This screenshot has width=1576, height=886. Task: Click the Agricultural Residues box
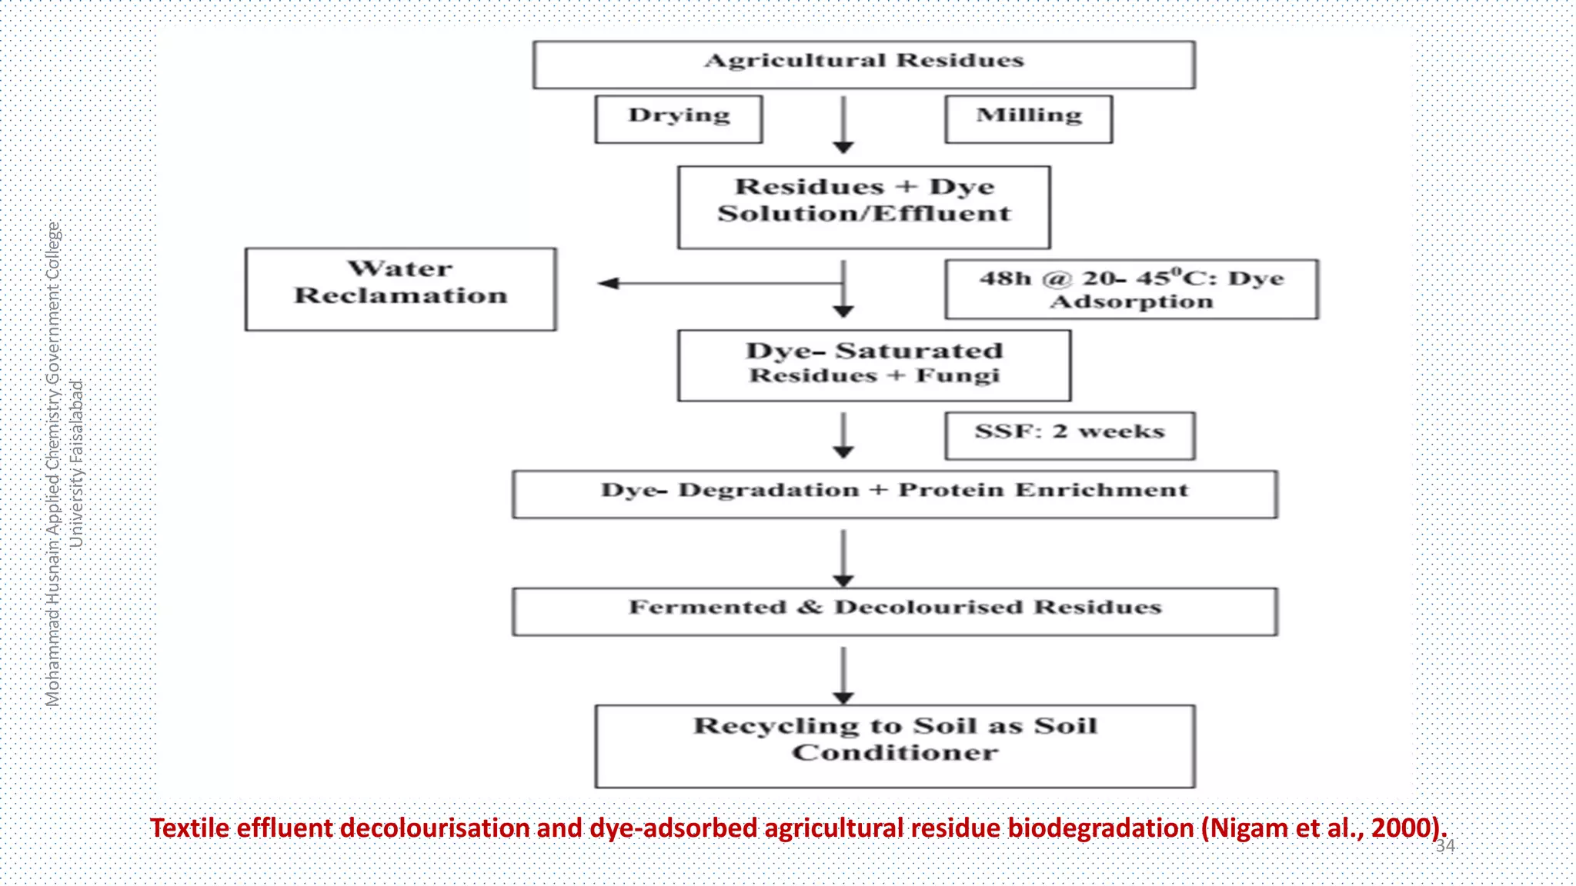tap(863, 65)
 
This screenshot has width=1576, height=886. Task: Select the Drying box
tap(679, 119)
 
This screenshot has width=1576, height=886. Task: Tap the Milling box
tap(1028, 119)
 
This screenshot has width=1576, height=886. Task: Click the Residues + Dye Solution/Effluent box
tap(863, 207)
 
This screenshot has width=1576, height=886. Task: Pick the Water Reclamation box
tap(400, 289)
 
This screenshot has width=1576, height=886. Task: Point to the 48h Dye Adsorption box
tap(1131, 289)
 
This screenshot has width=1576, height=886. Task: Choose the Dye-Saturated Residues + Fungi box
tap(873, 365)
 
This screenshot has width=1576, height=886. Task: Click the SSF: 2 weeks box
tap(1070, 435)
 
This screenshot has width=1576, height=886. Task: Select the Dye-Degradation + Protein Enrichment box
tap(894, 494)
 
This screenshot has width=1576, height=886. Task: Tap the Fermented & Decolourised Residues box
tap(894, 611)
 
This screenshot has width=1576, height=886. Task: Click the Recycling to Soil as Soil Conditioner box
tap(894, 746)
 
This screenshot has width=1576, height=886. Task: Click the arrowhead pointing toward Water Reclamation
tap(609, 283)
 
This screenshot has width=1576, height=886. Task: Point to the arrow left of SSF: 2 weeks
tap(843, 435)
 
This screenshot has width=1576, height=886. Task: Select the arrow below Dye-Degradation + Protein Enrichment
tap(843, 558)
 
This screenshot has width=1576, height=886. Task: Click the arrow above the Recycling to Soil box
tap(843, 675)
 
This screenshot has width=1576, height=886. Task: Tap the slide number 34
tap(1445, 846)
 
